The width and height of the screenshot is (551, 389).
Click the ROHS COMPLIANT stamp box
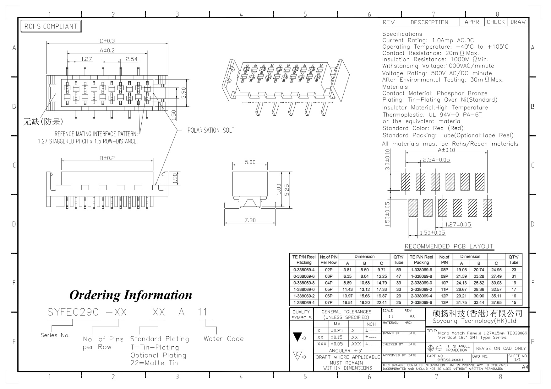[x=51, y=26]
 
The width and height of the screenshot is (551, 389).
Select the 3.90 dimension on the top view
[x=184, y=92]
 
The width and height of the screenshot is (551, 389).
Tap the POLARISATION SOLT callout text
[x=210, y=131]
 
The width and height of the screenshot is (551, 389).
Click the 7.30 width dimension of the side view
[x=250, y=220]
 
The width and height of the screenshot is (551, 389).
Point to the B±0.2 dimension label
[x=107, y=158]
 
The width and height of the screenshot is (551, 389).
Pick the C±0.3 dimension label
[x=107, y=41]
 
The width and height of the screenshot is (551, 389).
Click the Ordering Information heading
[x=130, y=295]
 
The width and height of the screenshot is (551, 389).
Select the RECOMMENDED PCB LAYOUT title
[x=449, y=246]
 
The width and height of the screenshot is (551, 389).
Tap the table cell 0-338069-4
[x=304, y=270]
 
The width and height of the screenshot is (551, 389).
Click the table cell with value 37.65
[x=496, y=302]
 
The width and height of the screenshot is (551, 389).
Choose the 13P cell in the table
[x=444, y=302]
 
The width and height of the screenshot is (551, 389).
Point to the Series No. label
[x=55, y=335]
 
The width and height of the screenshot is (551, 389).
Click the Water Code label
[x=223, y=339]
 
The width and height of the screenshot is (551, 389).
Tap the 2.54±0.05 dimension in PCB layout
[x=436, y=160]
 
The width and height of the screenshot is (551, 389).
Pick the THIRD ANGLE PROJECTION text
[x=457, y=348]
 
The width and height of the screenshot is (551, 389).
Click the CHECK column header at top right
[x=495, y=22]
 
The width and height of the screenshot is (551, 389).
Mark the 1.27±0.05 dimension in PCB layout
[x=458, y=225]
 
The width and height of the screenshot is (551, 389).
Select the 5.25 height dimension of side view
[x=287, y=189]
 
